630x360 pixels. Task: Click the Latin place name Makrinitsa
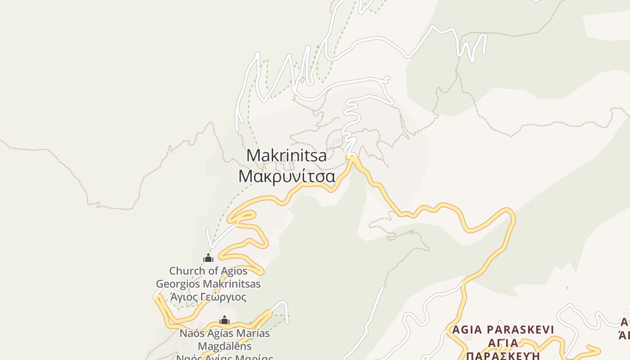[x=287, y=155]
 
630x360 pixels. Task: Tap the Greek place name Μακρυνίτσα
[x=287, y=176]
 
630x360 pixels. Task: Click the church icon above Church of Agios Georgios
[x=208, y=258]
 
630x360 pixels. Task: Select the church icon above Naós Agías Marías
[x=225, y=320]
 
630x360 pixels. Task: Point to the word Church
[x=187, y=271]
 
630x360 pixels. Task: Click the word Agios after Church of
[x=234, y=271]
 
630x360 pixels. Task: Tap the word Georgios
[x=178, y=284]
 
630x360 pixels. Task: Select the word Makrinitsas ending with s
[x=232, y=284]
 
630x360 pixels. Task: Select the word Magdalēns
[x=225, y=346]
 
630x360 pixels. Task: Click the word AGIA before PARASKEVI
[x=467, y=329]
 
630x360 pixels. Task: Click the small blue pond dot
[x=567, y=288]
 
